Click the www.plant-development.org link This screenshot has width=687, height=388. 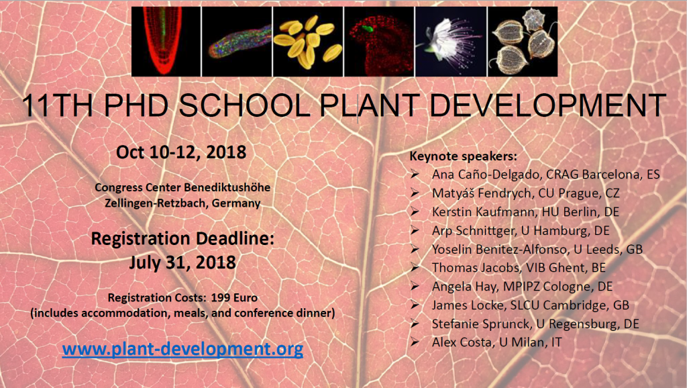click(x=182, y=349)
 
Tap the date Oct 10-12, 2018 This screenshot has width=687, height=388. click(x=181, y=152)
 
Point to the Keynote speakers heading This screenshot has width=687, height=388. click(x=463, y=156)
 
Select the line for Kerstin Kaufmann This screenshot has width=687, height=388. click(x=525, y=211)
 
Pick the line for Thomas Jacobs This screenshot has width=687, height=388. click(x=519, y=267)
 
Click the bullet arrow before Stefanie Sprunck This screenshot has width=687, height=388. click(x=417, y=324)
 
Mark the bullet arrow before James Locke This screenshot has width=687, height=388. click(x=417, y=305)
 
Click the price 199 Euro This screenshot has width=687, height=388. click(x=234, y=296)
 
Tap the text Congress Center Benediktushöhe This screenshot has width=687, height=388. click(x=182, y=187)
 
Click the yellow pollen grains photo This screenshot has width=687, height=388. click(x=307, y=41)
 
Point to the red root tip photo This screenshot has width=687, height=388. click(x=165, y=41)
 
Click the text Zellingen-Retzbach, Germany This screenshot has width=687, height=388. click(x=182, y=201)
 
